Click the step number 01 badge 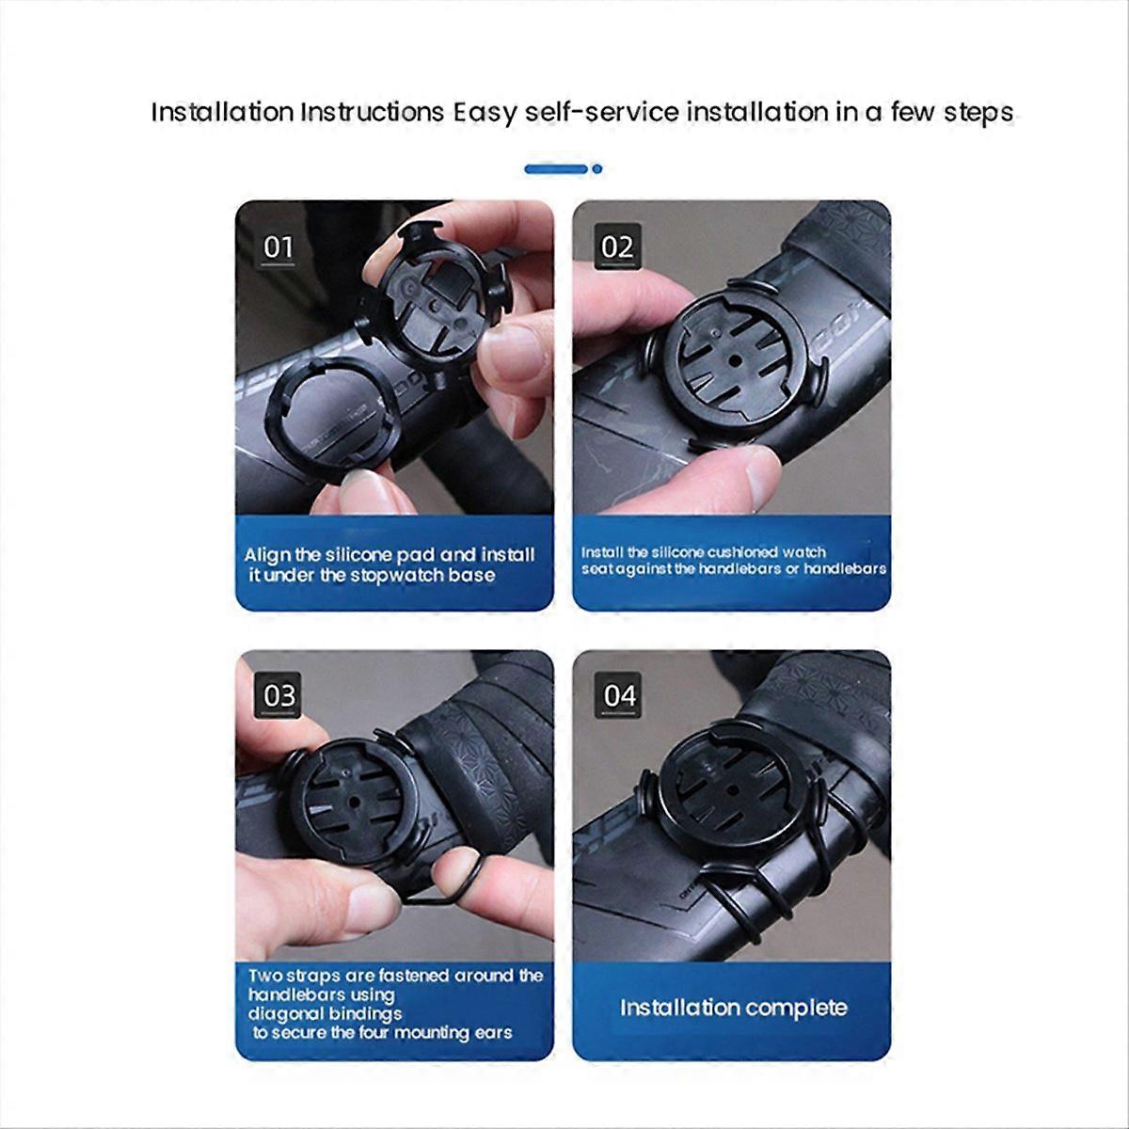[278, 246]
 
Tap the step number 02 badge [617, 246]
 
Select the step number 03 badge [278, 696]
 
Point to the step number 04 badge [619, 696]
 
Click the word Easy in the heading [485, 113]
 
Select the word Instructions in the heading [373, 112]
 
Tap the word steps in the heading [978, 113]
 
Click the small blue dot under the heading [597, 168]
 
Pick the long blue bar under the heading [556, 168]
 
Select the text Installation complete [734, 1007]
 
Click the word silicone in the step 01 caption [355, 554]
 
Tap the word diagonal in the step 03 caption [285, 1013]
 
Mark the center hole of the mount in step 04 [730, 790]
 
